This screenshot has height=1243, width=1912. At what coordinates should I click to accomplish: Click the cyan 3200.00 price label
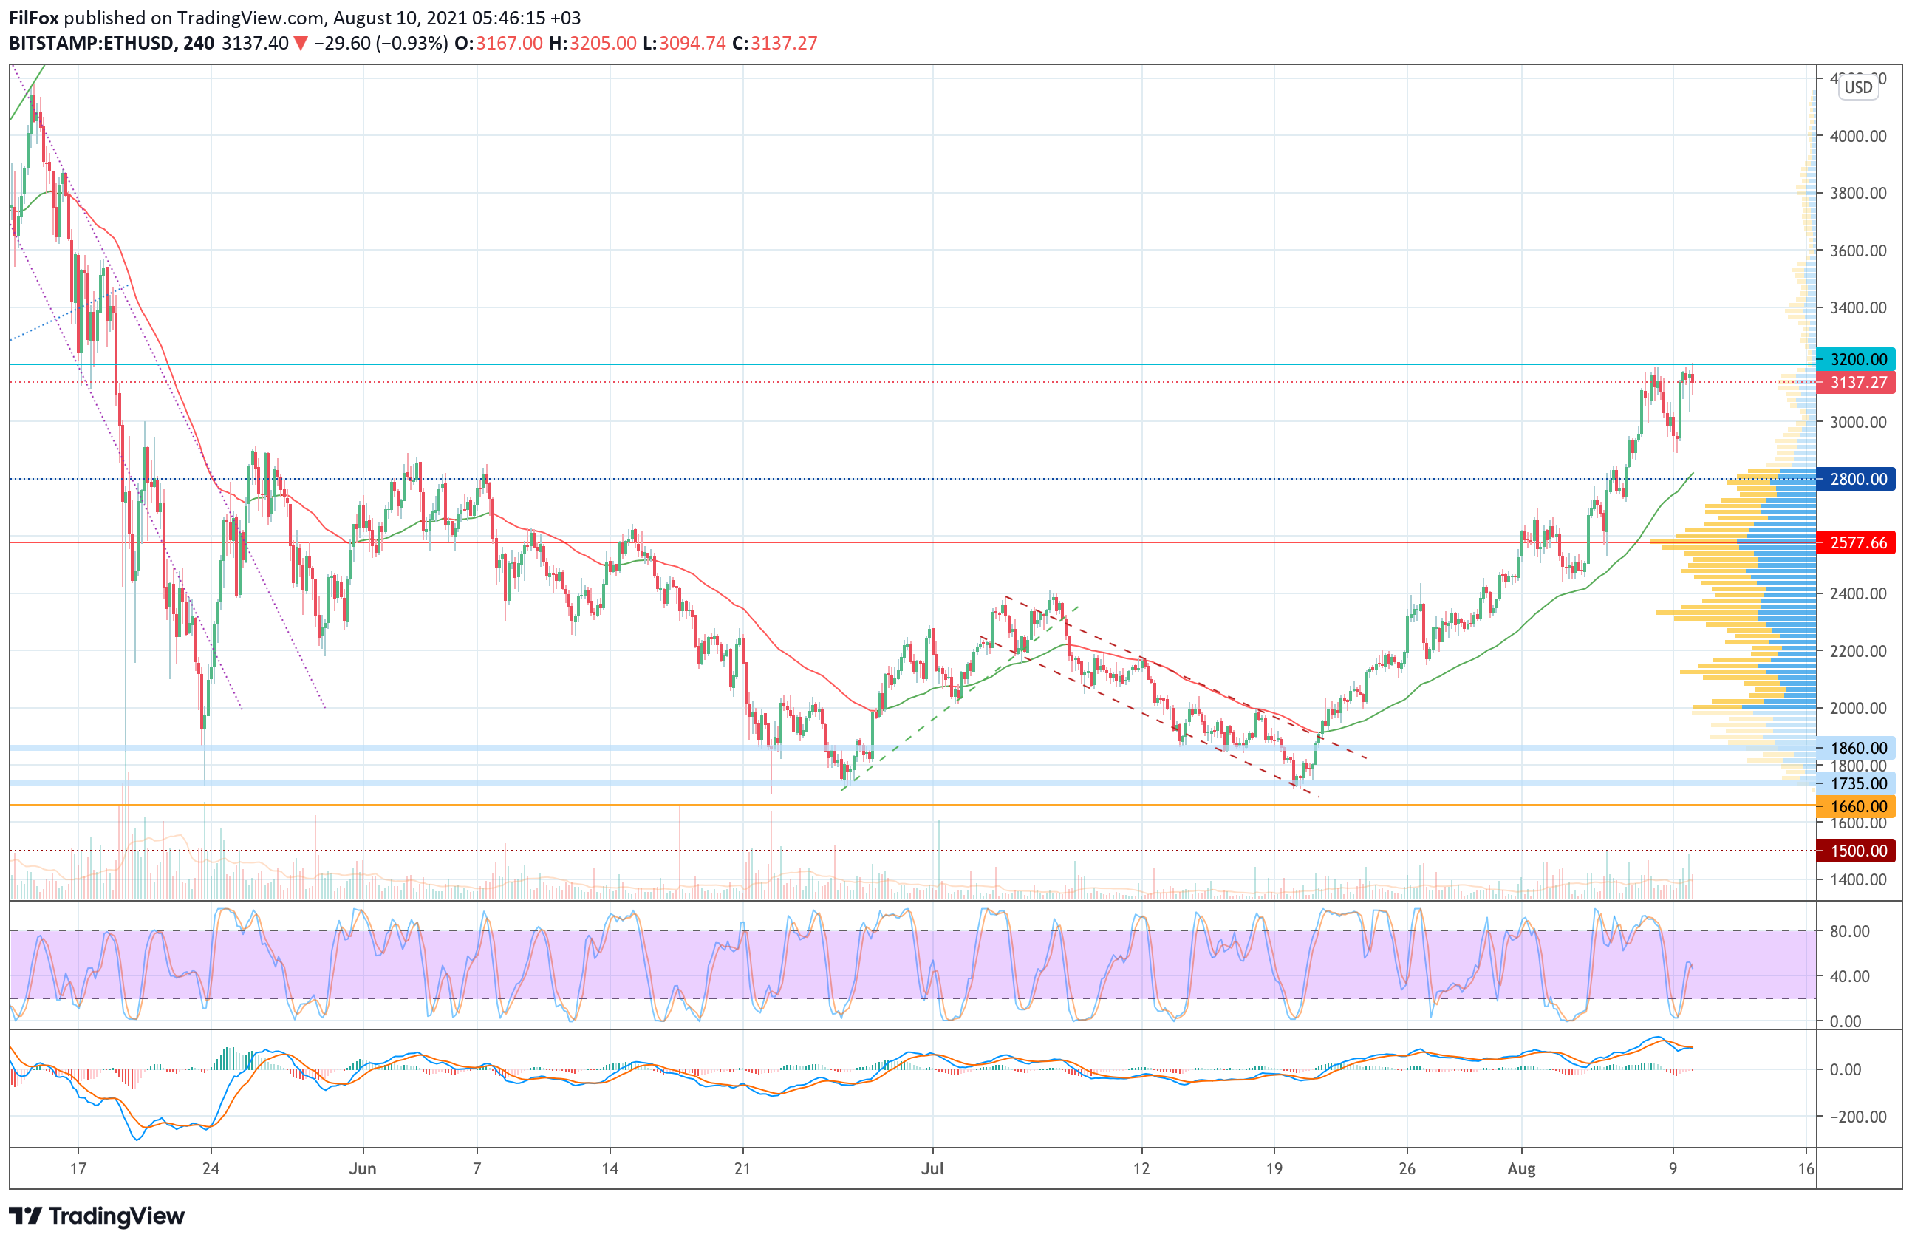coord(1857,359)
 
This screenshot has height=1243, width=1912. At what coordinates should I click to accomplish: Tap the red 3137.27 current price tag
coord(1857,383)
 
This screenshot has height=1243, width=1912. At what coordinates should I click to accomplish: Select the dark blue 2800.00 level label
coord(1857,480)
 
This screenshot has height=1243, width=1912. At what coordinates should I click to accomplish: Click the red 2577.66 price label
coord(1857,543)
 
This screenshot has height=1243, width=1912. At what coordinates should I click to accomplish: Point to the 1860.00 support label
coord(1857,748)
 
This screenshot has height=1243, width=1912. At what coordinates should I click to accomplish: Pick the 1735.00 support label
coord(1857,783)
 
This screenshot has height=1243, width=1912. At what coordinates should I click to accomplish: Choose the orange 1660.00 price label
coord(1857,806)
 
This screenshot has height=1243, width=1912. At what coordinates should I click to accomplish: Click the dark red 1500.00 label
coord(1857,851)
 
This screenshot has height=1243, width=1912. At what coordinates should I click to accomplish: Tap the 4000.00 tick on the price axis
coord(1857,136)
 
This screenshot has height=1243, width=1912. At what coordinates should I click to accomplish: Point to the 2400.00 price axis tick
coord(1857,593)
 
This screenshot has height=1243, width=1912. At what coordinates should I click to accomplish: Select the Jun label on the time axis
coord(362,1169)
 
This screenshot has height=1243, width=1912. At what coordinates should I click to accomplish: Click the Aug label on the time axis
coord(1520,1169)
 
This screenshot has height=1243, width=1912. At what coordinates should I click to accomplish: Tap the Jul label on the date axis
coord(932,1169)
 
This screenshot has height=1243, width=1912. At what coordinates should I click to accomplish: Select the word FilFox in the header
coord(34,18)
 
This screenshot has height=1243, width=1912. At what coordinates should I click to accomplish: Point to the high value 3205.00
coord(603,44)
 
